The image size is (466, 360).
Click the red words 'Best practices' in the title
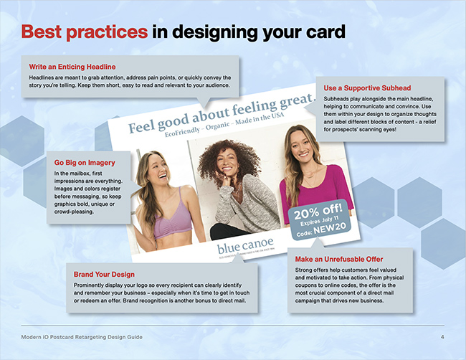(85, 32)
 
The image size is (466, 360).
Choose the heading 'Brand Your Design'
(105, 274)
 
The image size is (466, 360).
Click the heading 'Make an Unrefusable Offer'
(338, 259)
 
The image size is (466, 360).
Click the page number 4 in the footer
(442, 337)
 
